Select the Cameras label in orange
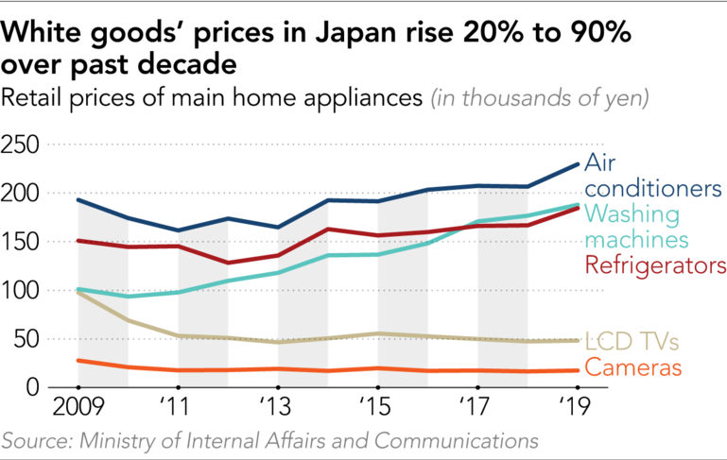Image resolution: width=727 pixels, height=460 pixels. tap(629, 366)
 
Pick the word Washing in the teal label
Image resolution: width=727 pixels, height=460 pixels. tap(626, 214)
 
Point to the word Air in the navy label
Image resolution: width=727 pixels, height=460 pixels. tap(600, 162)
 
